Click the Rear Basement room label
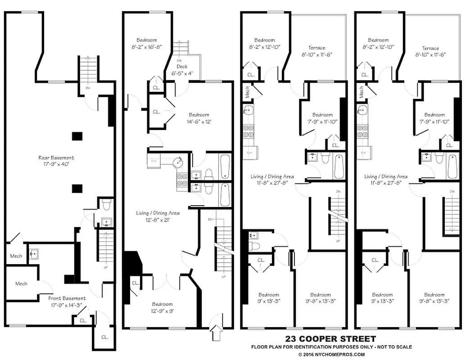click(x=56, y=158)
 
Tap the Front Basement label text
click(x=67, y=298)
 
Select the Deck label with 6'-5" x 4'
click(x=182, y=66)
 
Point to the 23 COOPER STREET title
click(x=330, y=339)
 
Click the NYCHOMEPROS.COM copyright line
click(x=331, y=354)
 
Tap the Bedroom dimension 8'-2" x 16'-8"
click(x=147, y=46)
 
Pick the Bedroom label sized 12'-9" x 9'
click(x=162, y=304)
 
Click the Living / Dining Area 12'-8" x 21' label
click(x=158, y=213)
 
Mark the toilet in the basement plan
click(x=106, y=206)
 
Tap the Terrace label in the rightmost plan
click(x=430, y=48)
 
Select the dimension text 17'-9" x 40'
click(x=56, y=164)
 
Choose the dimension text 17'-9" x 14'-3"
click(x=67, y=304)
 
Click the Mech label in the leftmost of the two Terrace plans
click(x=247, y=91)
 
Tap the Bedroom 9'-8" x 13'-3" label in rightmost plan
click(x=434, y=295)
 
